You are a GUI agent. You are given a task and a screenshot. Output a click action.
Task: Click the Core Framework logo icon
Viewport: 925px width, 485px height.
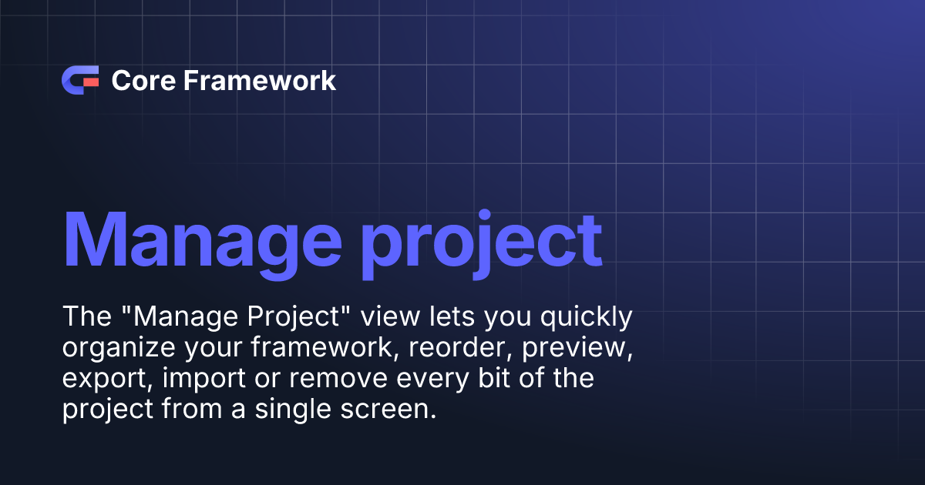(80, 80)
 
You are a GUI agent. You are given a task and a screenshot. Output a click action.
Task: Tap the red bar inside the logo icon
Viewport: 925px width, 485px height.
(91, 80)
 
